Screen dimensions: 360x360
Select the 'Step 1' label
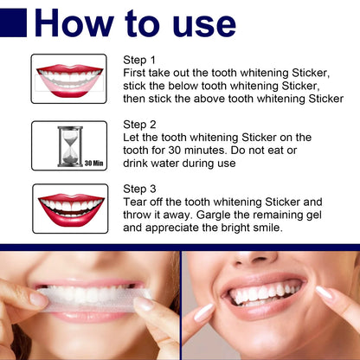(139, 60)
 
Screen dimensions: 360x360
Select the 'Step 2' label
(139, 124)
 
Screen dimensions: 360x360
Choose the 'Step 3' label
(139, 188)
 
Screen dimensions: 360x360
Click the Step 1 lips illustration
(69, 79)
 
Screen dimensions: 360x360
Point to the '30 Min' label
(94, 162)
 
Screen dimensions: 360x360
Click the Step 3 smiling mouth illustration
(70, 208)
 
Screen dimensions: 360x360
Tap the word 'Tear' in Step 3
(136, 202)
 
